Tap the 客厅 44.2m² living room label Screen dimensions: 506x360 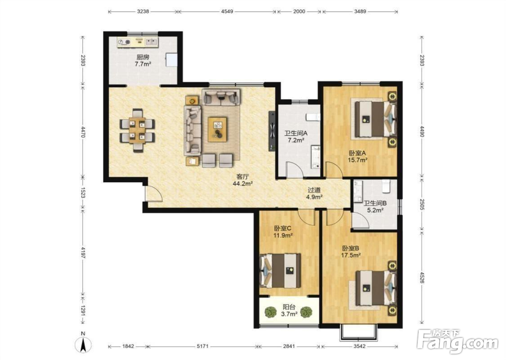(x=242, y=180)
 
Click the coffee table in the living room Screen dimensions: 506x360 (x=217, y=129)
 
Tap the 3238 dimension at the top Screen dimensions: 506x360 (x=143, y=11)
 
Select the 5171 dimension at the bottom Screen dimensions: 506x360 (x=202, y=346)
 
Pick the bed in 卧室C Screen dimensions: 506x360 (x=281, y=270)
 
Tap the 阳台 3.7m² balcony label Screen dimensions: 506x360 (x=289, y=310)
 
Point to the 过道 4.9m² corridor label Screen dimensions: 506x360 (x=314, y=193)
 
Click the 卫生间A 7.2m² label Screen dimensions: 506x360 (x=296, y=136)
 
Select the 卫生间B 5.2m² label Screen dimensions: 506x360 (x=375, y=207)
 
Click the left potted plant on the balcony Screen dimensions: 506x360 (x=270, y=312)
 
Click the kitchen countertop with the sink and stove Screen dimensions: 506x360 (x=138, y=42)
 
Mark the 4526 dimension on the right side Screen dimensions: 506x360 (x=421, y=277)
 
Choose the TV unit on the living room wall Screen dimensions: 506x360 (x=272, y=131)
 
